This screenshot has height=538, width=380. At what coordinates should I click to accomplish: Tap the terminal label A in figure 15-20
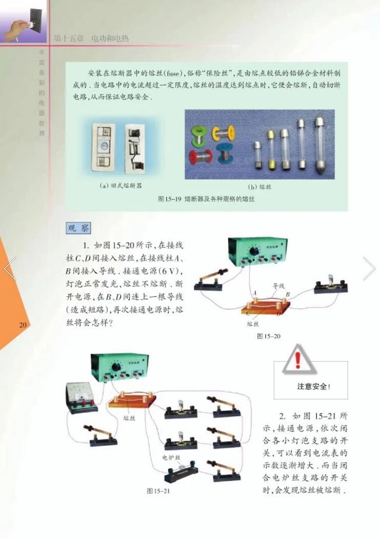click(x=254, y=292)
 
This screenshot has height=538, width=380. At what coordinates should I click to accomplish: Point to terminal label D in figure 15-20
click(x=278, y=313)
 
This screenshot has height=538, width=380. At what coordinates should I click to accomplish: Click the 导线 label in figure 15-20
click(x=278, y=285)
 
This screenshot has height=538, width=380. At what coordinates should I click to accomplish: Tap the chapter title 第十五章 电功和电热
click(x=91, y=38)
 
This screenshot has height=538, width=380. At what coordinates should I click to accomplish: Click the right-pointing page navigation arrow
click(x=369, y=268)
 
